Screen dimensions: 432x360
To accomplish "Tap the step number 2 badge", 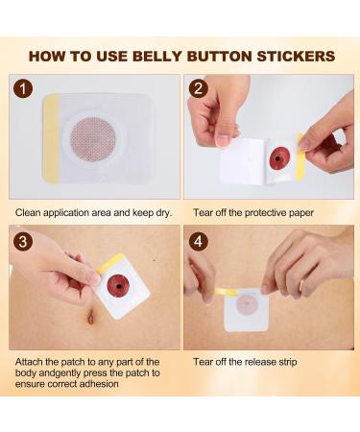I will pyautogui.click(x=198, y=91).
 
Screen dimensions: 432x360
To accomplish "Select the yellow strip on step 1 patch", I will pyautogui.click(x=47, y=138).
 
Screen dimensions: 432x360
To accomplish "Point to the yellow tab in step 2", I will pyautogui.click(x=301, y=156).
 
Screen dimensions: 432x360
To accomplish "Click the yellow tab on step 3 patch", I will pyautogui.click(x=111, y=262).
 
